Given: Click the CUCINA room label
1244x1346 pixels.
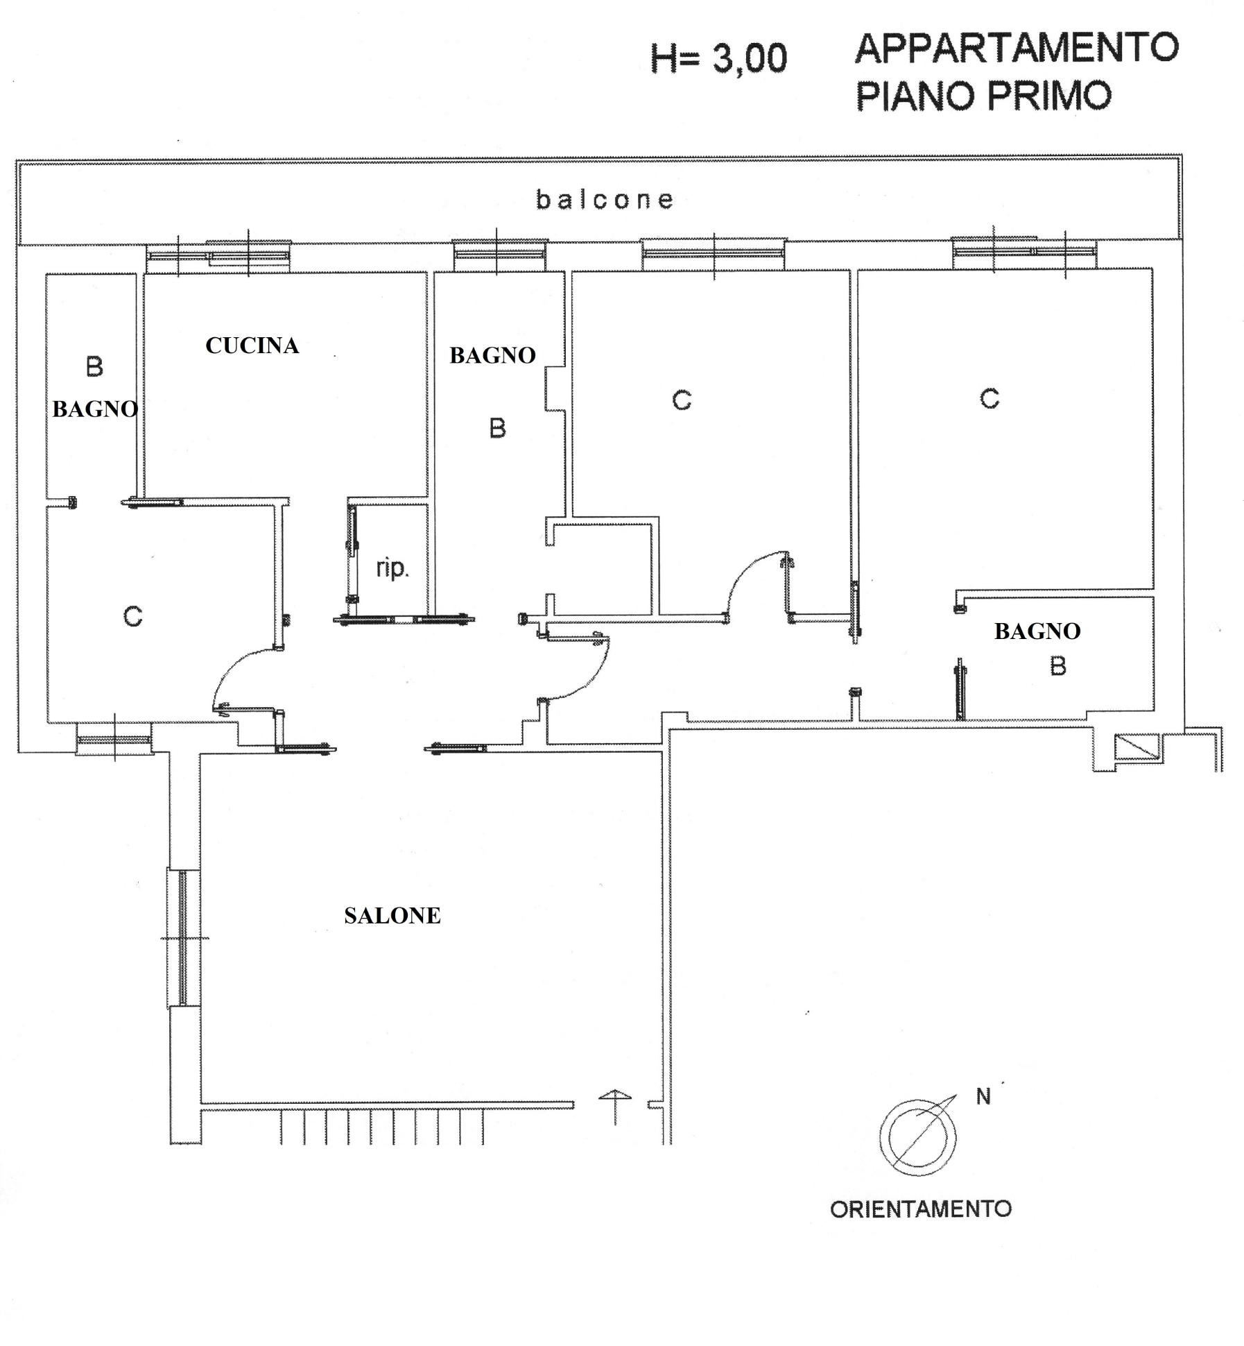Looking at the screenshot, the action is [x=252, y=346].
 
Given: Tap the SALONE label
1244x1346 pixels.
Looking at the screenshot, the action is [x=392, y=915].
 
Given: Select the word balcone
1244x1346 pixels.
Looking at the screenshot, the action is [x=605, y=200].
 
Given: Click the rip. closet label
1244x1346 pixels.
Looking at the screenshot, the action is [x=392, y=568].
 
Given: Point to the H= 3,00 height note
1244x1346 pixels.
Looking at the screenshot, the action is [x=719, y=59].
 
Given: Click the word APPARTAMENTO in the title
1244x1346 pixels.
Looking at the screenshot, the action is [x=1017, y=49].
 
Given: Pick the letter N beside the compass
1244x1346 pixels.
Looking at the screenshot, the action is [x=983, y=1096].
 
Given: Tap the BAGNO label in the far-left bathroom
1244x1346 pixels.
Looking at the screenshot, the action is [x=95, y=409].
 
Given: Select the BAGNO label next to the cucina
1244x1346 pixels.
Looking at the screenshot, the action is [x=492, y=355].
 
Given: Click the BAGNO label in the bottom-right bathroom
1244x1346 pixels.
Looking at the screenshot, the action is [x=1037, y=631].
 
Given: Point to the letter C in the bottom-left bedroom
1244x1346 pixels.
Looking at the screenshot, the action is [x=132, y=616].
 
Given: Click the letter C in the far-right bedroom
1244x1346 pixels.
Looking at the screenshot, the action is [x=990, y=399].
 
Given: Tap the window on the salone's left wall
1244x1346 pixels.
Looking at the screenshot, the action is [x=183, y=937].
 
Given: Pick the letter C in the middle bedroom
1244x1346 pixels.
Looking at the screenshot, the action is [x=682, y=400].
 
